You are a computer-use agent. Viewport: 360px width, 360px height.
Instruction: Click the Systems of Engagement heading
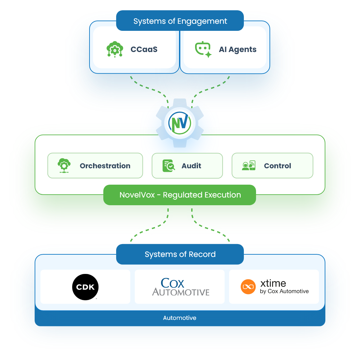tap(180, 21)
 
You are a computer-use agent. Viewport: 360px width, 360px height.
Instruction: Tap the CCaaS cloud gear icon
tap(115, 49)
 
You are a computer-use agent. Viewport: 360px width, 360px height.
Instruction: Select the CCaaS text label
tap(144, 49)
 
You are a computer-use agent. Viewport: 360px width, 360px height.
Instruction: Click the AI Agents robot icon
tap(203, 49)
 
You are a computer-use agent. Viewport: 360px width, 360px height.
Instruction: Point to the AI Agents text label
tap(237, 49)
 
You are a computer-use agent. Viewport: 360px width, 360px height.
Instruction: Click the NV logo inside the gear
tap(180, 123)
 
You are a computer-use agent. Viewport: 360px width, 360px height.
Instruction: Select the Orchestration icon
tap(64, 166)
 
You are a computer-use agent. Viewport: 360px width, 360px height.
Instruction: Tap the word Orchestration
tap(105, 166)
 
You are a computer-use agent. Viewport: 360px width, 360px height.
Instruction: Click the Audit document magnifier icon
tap(168, 166)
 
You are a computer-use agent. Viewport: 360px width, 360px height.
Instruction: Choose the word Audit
tap(191, 166)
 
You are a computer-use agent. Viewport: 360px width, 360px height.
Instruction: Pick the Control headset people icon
tap(249, 166)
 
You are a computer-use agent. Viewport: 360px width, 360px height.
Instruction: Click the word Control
tap(278, 166)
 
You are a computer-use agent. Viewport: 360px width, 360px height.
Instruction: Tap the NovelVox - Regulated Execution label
tap(180, 195)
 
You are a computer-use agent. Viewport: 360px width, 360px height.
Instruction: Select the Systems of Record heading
tap(180, 254)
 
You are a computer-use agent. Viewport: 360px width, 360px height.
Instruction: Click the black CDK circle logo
tap(85, 287)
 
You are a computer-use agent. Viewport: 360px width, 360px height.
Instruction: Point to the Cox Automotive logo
tap(180, 287)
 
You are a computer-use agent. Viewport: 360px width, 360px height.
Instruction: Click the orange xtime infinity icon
tap(248, 287)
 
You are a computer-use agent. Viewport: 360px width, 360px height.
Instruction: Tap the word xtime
tap(273, 283)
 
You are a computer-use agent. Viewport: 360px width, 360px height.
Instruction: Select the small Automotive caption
tap(180, 318)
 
